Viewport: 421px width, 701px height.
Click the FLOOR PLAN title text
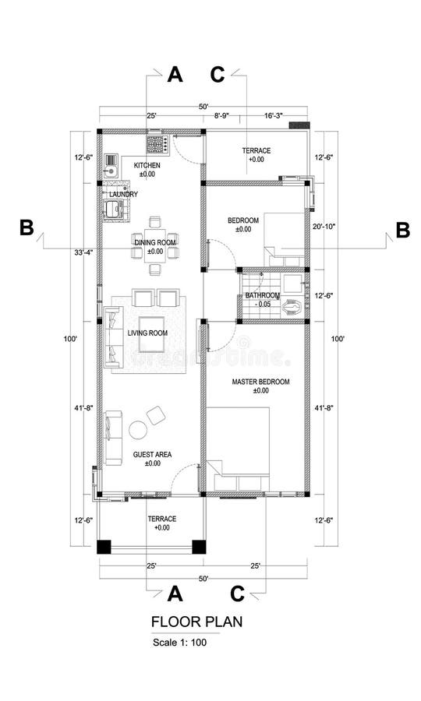[x=196, y=622]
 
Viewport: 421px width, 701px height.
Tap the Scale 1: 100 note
[x=180, y=643]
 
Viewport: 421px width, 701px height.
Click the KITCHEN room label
[x=147, y=166]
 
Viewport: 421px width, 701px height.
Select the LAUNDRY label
[x=123, y=194]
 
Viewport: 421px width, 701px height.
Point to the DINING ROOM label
[x=154, y=243]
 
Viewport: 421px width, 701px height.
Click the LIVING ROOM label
[x=148, y=333]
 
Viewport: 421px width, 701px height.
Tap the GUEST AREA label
[x=152, y=454]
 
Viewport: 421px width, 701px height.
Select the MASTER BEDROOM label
[x=260, y=382]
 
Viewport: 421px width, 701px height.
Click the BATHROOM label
[x=262, y=296]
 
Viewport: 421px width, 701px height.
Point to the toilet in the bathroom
[x=293, y=307]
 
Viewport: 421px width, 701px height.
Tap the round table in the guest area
[x=139, y=430]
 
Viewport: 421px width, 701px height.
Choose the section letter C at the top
[x=218, y=74]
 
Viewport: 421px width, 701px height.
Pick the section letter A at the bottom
[x=175, y=594]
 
